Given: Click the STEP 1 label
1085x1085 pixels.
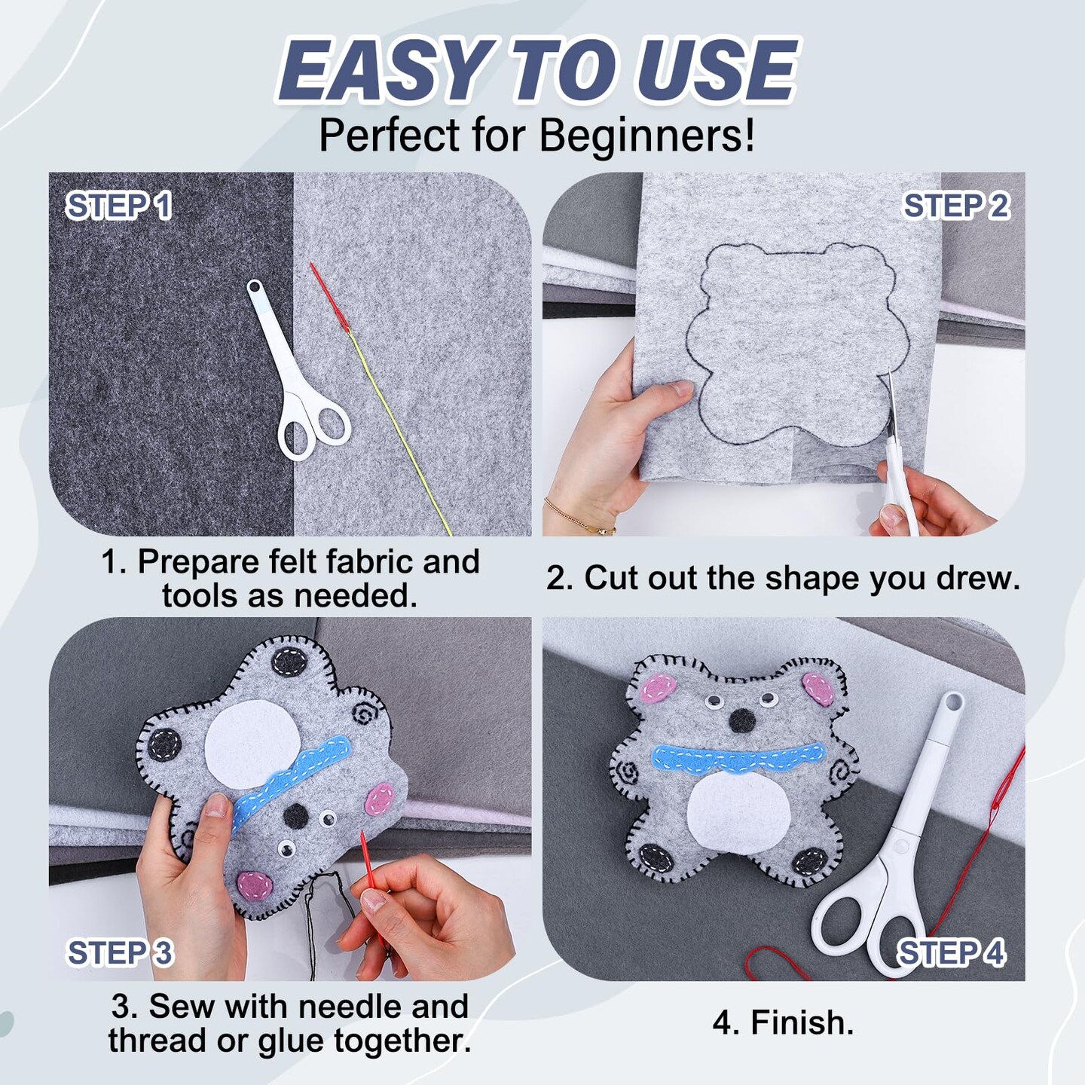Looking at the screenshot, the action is (x=119, y=206).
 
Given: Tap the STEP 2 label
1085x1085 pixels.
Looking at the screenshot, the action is (x=957, y=206).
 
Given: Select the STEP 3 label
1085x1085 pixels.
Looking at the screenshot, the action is (x=121, y=952).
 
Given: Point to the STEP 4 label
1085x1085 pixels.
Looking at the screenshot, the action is (x=952, y=952).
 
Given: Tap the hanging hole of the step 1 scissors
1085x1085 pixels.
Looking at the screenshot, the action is (x=257, y=288).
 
